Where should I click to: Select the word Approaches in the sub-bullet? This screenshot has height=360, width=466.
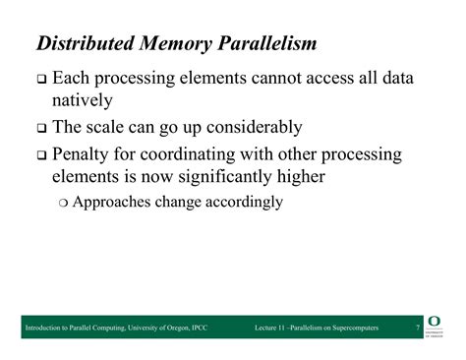(117, 202)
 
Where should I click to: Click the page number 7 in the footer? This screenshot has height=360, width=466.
(418, 327)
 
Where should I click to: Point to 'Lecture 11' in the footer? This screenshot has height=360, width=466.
(272, 327)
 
